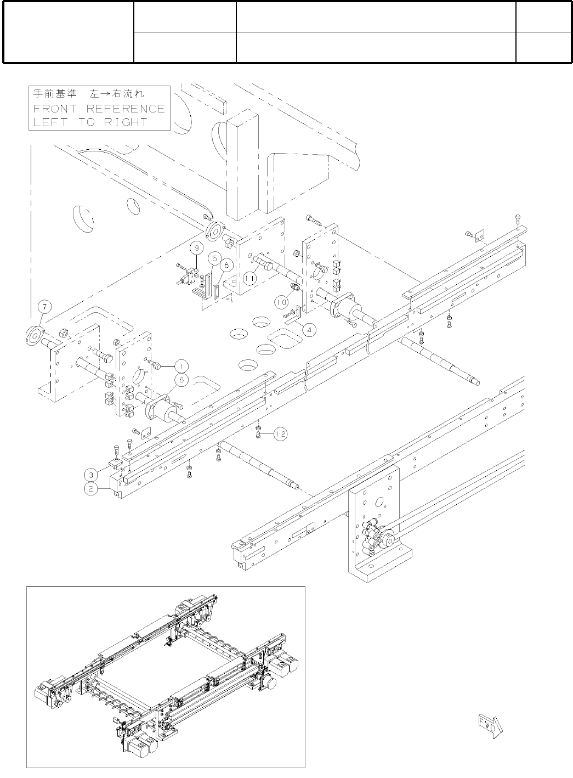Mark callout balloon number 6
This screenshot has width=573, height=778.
[x=227, y=264]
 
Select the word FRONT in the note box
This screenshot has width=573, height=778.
[x=56, y=109]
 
